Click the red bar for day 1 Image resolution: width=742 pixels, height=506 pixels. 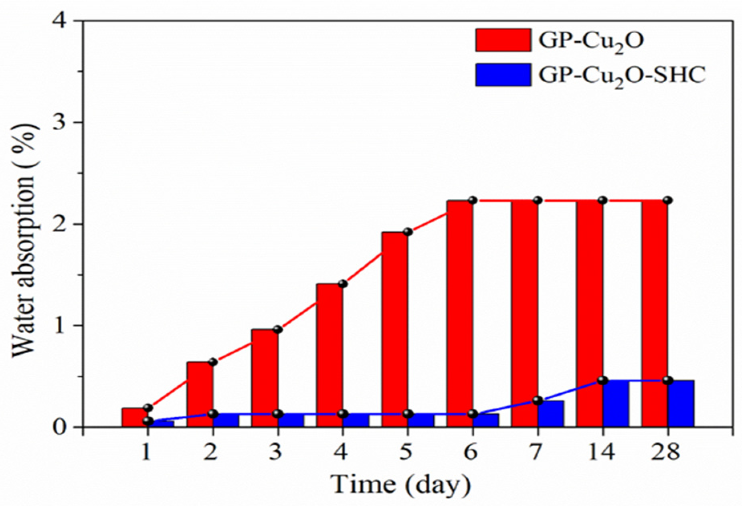click(x=135, y=417)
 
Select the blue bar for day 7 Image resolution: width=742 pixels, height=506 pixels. click(x=551, y=413)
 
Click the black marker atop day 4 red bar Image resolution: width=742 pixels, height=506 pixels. click(x=343, y=284)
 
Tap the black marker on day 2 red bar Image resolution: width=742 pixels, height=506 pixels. click(x=213, y=362)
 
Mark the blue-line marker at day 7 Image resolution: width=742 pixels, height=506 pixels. click(x=538, y=401)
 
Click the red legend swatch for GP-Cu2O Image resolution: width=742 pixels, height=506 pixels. click(x=503, y=40)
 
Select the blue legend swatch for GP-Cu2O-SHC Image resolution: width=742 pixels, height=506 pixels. click(x=503, y=75)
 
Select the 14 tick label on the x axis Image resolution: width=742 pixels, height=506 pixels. click(x=601, y=453)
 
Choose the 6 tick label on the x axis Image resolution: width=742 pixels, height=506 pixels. click(x=471, y=453)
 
